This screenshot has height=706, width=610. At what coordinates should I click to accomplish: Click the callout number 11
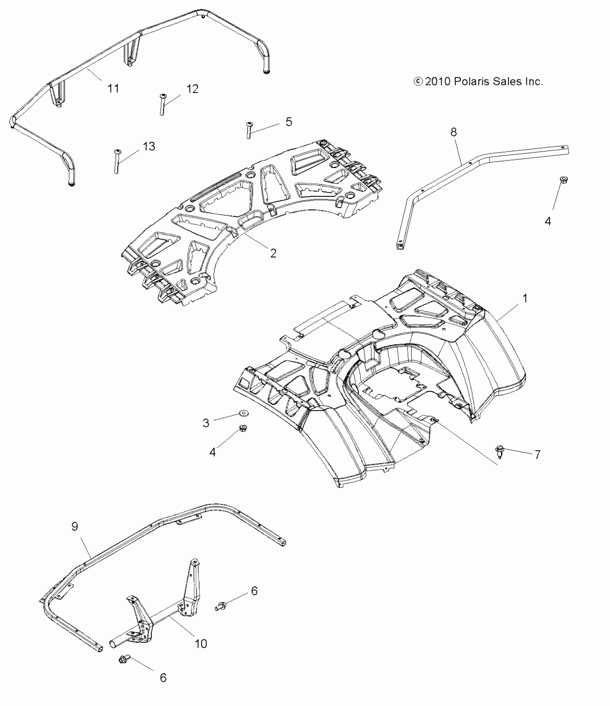click(113, 88)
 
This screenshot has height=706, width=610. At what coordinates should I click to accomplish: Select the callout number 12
click(192, 89)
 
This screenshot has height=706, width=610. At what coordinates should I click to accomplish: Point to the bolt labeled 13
click(117, 161)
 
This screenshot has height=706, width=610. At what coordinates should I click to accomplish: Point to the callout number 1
click(525, 298)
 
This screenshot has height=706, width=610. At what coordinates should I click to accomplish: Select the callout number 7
click(537, 455)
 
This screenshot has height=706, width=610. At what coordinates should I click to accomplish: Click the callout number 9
click(75, 527)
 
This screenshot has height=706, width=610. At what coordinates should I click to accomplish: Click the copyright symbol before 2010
click(418, 82)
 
